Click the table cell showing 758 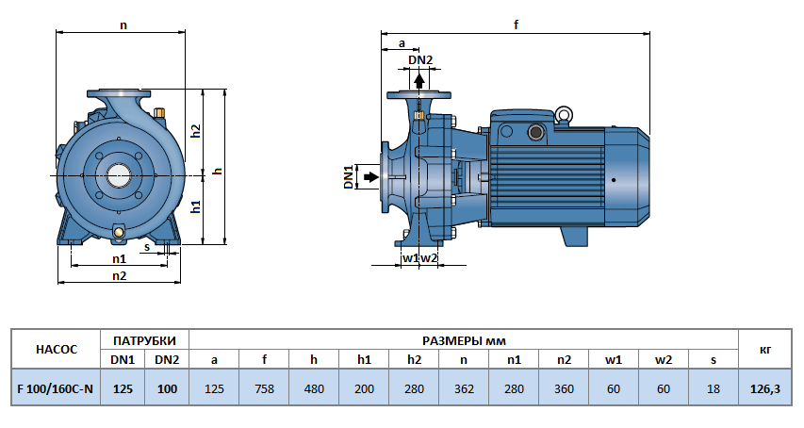coord(265,387)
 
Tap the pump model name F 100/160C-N coord(56,387)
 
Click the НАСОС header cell coord(56,349)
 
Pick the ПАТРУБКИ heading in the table coord(144,339)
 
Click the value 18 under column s coord(714,387)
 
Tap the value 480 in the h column coord(314,387)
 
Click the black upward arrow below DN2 coord(419,80)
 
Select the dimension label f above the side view coord(517,25)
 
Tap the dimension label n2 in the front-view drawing coord(119,275)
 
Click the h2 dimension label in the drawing coord(196,131)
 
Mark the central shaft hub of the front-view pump coord(120,175)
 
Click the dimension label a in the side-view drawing coord(402,43)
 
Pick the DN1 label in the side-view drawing coord(348,176)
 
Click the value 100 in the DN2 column coord(167,387)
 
